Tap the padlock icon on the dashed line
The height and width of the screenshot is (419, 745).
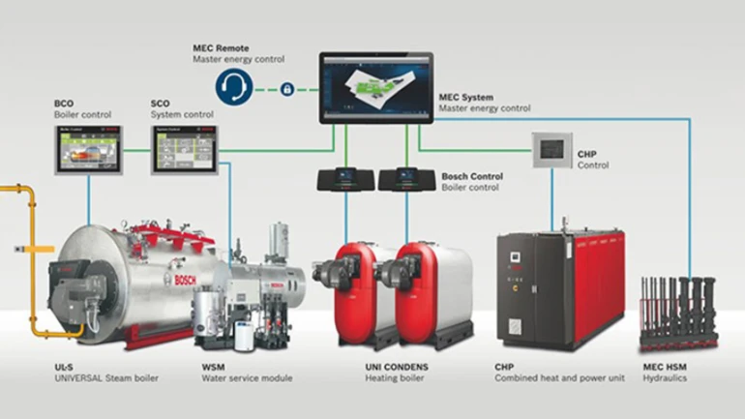coord(286,89)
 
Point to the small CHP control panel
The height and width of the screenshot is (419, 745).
coord(551,149)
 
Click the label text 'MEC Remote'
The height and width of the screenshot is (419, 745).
coord(221,47)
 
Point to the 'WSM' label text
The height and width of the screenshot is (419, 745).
coord(214,367)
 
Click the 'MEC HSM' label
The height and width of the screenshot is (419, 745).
coord(664,367)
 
